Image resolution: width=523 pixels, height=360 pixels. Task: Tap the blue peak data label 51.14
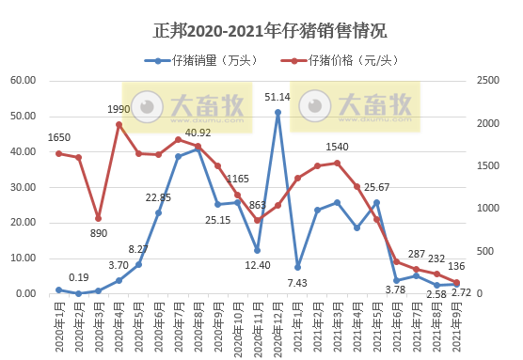[277, 97]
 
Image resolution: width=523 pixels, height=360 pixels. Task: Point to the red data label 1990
[119, 110]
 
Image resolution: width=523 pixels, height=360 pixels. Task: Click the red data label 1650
[59, 138]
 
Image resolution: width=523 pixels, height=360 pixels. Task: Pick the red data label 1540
[338, 148]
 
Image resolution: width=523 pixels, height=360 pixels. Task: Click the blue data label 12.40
[257, 265]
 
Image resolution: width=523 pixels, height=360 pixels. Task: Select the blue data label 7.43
[298, 283]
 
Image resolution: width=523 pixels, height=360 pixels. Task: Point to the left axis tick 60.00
[23, 82]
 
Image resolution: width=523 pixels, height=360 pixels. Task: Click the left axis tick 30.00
[23, 188]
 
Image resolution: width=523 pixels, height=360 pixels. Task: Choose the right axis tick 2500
[488, 82]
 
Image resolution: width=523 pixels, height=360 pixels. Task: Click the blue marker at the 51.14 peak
[277, 113]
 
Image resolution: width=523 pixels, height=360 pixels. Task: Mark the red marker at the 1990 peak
[119, 124]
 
